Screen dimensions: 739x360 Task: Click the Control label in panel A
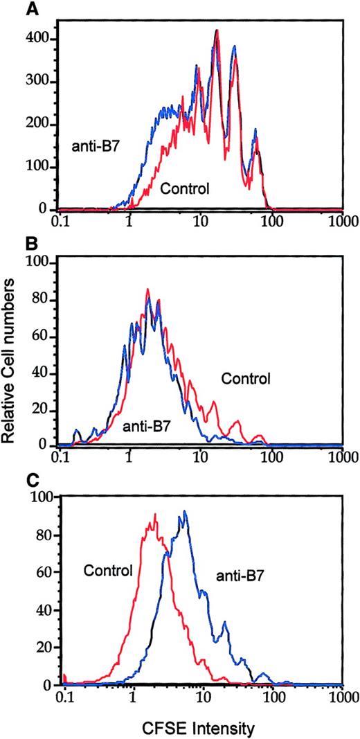pyautogui.click(x=185, y=188)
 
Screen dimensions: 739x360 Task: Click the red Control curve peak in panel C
pyautogui.click(x=156, y=514)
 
